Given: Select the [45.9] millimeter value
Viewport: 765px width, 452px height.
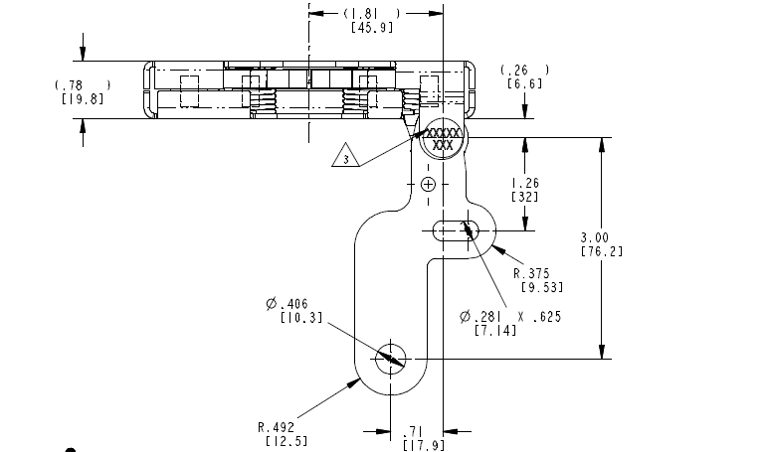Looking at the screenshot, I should [x=373, y=27].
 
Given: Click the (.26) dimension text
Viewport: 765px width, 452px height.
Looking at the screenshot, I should [x=523, y=71].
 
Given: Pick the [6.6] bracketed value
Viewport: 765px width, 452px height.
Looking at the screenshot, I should [x=523, y=84].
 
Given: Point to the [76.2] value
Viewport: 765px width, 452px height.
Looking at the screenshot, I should [x=601, y=251].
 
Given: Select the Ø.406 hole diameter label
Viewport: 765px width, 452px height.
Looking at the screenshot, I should [x=287, y=303].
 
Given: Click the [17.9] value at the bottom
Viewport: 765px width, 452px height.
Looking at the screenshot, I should [x=416, y=444].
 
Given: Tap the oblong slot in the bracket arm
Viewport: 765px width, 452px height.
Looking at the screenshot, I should [x=455, y=229].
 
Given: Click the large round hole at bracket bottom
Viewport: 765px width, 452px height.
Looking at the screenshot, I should [x=390, y=359].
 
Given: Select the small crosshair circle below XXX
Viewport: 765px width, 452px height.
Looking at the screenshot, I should [x=428, y=185].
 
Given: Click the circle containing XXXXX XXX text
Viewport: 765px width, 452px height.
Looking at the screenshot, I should [x=442, y=140].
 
